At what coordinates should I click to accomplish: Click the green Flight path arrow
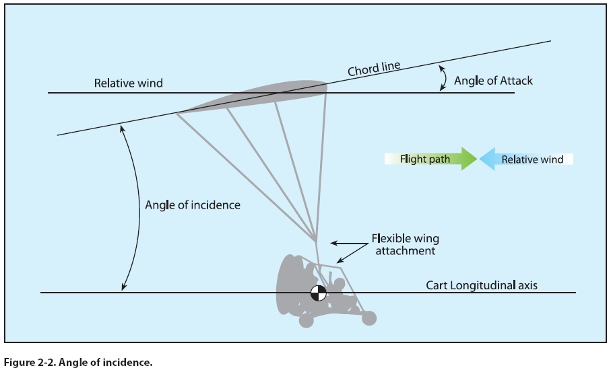(431, 159)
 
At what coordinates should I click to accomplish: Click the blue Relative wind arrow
(525, 159)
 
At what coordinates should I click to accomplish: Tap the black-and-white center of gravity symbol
(318, 293)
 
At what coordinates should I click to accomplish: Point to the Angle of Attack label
(493, 81)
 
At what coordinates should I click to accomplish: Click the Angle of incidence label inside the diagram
(193, 205)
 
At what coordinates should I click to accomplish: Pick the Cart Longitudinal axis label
(482, 285)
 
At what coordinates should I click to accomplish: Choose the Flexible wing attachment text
(406, 244)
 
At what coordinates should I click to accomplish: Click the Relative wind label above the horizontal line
(129, 83)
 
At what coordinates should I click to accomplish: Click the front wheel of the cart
(368, 318)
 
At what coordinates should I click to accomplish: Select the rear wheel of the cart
(306, 320)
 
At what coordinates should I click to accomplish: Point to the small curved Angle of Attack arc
(442, 78)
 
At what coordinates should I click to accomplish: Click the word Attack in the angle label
(517, 81)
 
